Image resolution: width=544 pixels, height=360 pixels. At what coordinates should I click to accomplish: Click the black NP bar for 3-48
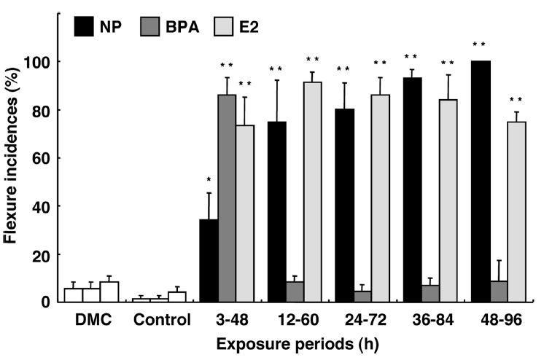click(x=209, y=260)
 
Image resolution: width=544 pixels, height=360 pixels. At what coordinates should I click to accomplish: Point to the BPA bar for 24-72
click(x=362, y=297)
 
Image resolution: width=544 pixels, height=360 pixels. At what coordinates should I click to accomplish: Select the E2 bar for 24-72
click(x=381, y=198)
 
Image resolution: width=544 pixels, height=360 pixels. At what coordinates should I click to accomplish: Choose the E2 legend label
click(x=248, y=27)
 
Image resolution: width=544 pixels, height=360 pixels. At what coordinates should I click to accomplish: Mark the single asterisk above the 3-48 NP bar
click(x=209, y=179)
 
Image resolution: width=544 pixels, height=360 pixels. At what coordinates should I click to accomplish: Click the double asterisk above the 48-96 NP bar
click(x=479, y=45)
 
